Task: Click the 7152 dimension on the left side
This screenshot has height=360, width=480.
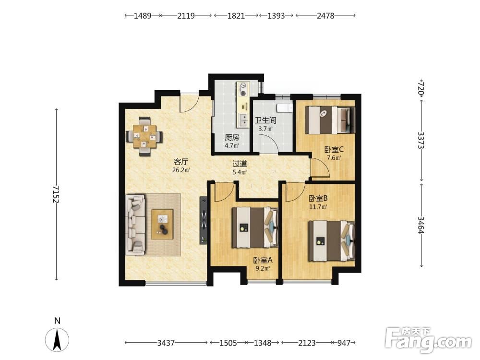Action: tap(56, 194)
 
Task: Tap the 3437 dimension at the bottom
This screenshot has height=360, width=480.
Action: tap(166, 343)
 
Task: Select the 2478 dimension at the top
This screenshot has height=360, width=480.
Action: tap(325, 16)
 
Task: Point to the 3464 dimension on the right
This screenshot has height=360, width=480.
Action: tap(421, 225)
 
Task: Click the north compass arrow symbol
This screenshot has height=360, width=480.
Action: tap(57, 339)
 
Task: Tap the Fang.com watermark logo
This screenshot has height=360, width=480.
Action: tap(428, 340)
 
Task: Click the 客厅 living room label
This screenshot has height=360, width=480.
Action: tap(181, 162)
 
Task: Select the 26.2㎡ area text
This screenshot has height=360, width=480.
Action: tap(181, 170)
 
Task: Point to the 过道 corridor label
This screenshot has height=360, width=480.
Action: tap(240, 164)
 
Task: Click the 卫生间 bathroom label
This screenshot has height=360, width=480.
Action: tap(265, 120)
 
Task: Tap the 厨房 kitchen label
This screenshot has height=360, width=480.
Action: tap(232, 137)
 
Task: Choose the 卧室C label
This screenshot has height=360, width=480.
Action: tap(334, 150)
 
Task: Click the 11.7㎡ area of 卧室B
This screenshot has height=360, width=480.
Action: tap(318, 206)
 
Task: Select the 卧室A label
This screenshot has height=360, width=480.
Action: tap(263, 260)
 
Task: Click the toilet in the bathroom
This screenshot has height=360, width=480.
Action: tap(284, 108)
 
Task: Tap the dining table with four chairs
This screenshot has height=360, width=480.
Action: tap(144, 136)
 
